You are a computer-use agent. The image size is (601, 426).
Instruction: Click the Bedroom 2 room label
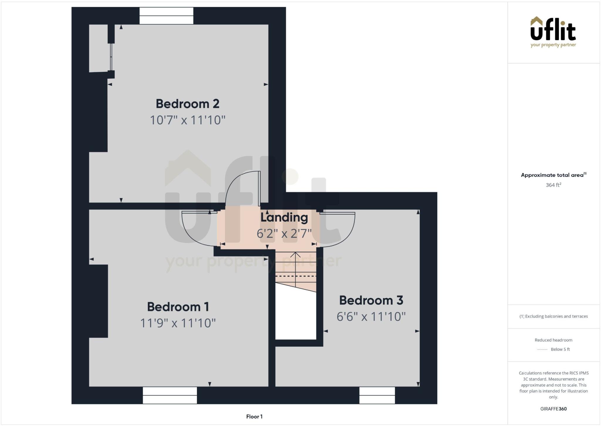(188, 104)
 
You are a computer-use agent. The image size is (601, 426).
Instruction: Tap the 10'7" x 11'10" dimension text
(188, 120)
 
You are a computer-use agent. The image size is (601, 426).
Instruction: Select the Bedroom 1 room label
(178, 307)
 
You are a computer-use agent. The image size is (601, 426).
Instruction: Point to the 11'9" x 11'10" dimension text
(178, 323)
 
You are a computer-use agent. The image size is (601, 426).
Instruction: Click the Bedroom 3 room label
(371, 300)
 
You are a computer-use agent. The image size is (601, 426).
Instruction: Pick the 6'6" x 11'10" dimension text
(371, 317)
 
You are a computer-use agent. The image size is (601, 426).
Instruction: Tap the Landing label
(284, 217)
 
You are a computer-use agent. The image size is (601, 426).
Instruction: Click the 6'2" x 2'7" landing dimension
(284, 234)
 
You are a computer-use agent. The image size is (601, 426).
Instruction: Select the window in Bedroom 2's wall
(166, 16)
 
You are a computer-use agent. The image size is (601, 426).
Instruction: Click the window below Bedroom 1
(170, 395)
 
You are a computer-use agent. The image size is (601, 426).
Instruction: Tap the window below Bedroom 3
(377, 395)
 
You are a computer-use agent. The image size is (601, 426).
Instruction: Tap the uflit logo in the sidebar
(553, 32)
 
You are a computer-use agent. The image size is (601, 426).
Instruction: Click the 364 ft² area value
(553, 185)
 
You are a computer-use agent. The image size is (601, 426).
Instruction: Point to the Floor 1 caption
(254, 417)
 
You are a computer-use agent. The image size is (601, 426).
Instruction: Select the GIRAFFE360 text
(553, 409)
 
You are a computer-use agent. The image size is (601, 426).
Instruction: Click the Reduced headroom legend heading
(553, 340)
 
